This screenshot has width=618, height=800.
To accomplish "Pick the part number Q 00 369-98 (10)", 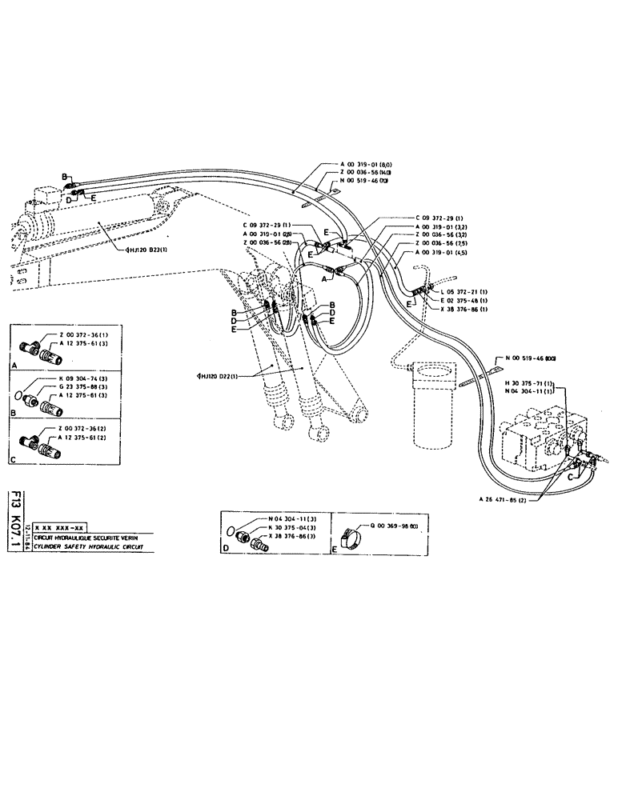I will [393, 525].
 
